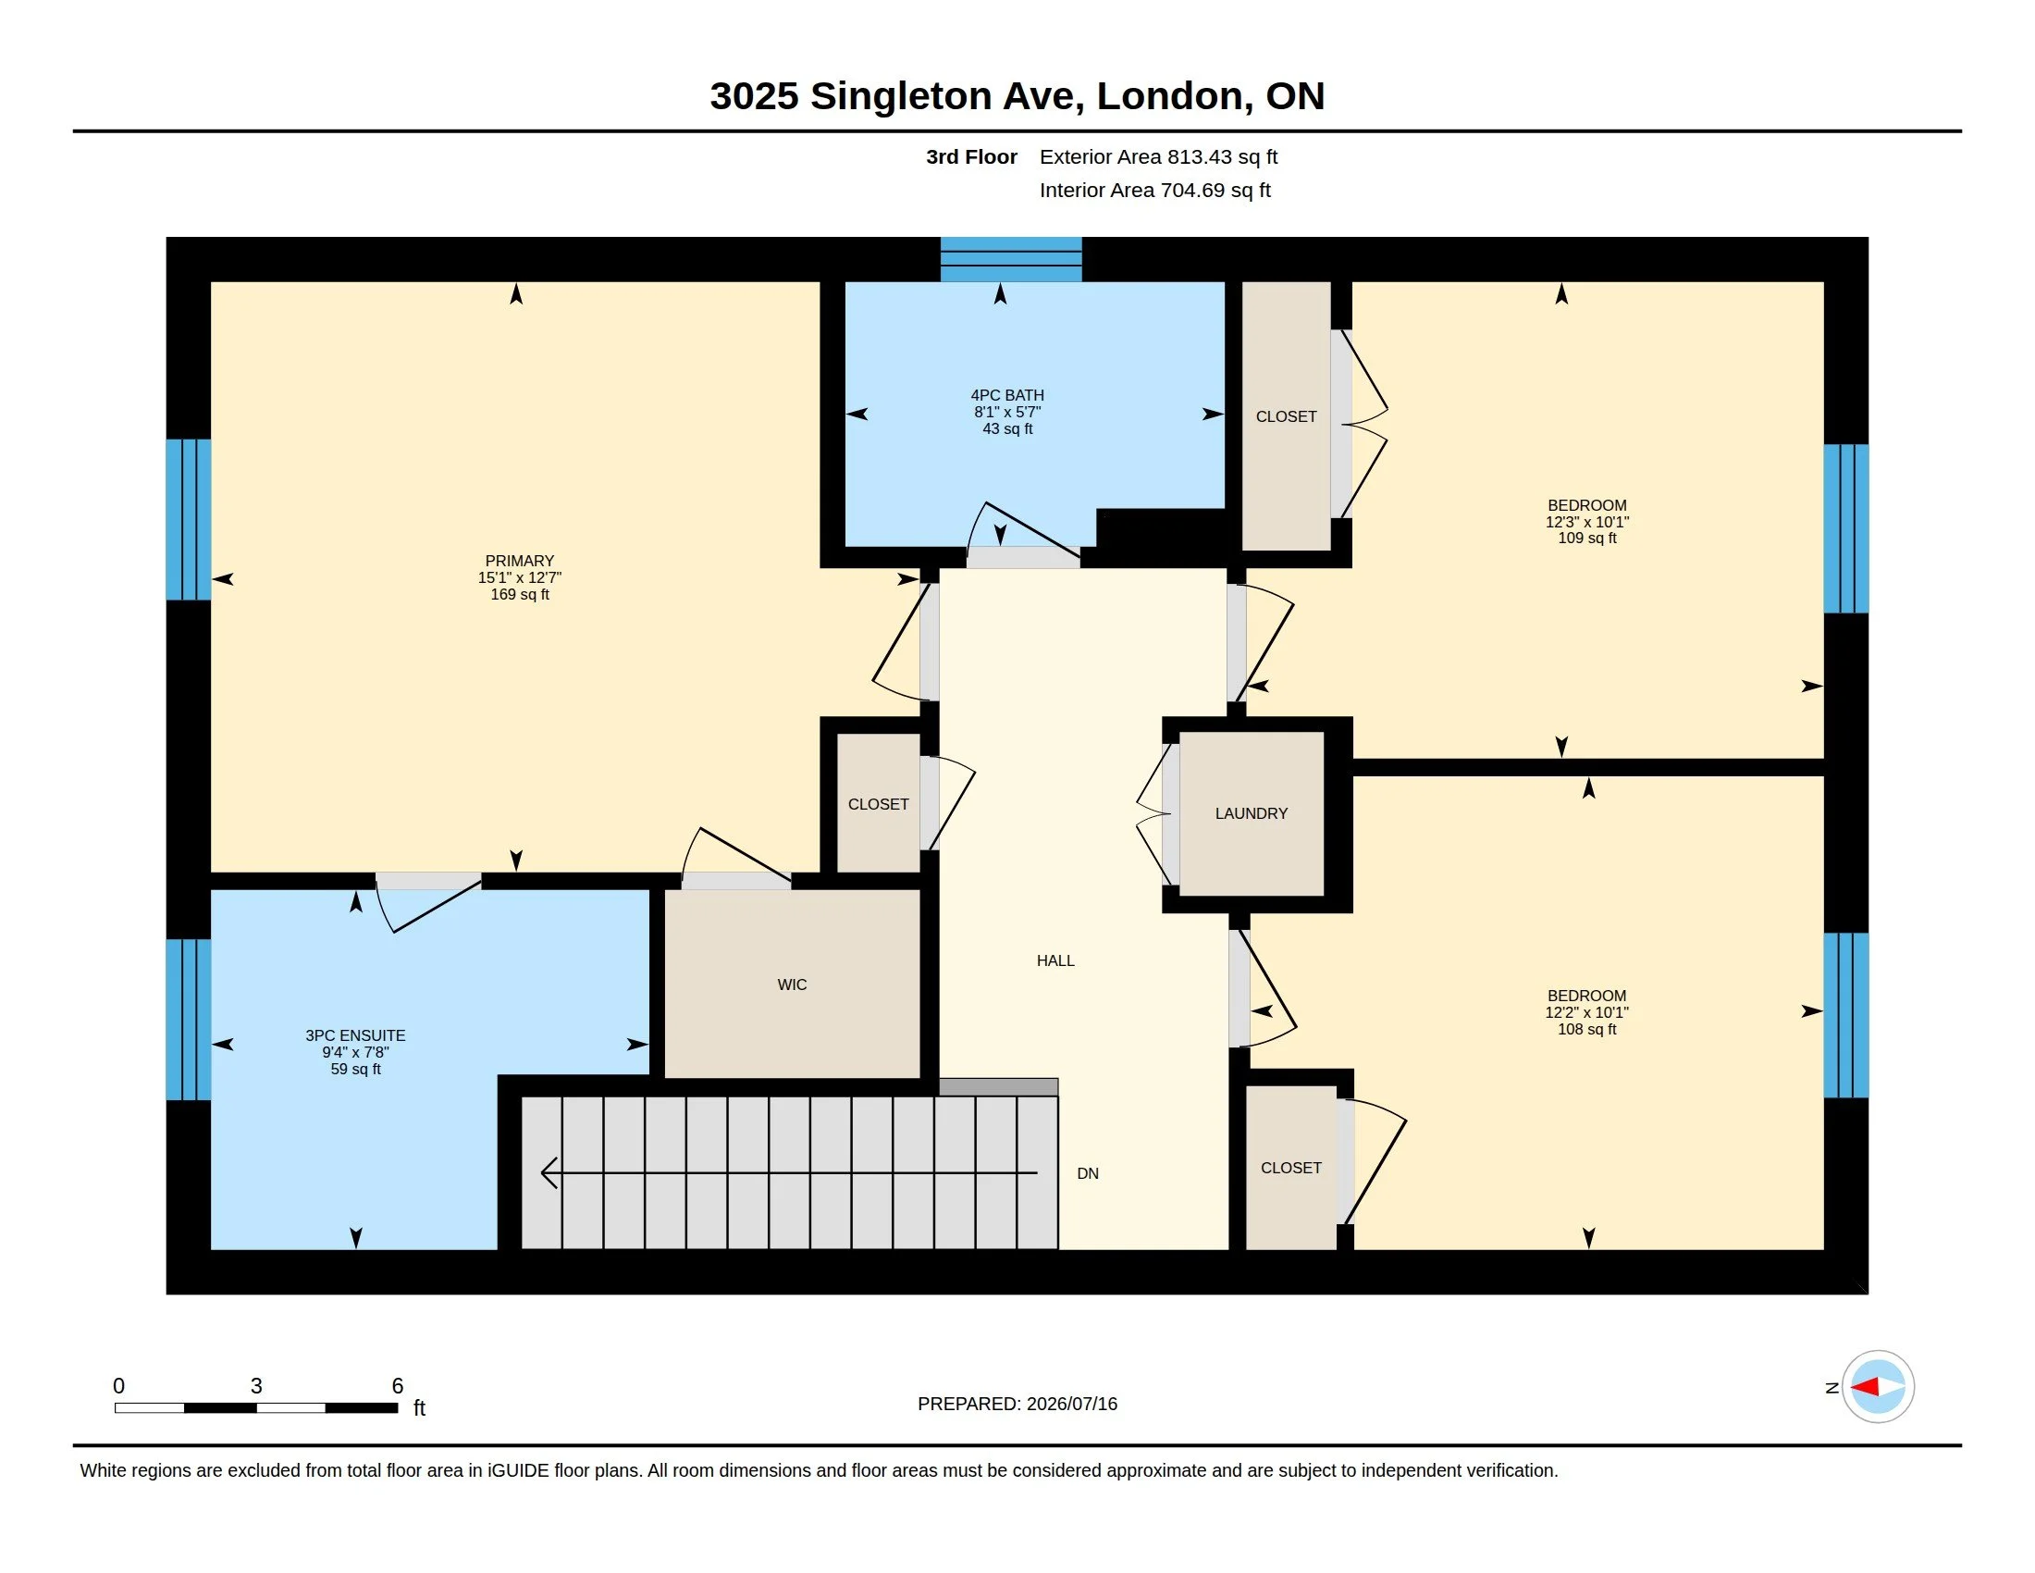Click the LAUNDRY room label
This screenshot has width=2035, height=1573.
click(x=1251, y=813)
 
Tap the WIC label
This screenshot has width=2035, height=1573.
click(x=792, y=985)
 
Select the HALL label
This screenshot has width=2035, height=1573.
click(x=1055, y=960)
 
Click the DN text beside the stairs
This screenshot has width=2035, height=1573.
click(x=1088, y=1173)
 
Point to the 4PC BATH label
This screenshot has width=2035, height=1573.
click(x=1007, y=395)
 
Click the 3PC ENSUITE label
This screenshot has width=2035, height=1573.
click(x=355, y=1035)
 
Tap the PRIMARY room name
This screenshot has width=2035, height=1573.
click(x=520, y=561)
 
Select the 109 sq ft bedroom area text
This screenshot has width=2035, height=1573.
click(x=1586, y=538)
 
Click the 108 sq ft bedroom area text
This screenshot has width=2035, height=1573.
click(x=1586, y=1029)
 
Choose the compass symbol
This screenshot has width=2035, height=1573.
click(x=1878, y=1387)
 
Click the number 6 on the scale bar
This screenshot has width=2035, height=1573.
click(x=398, y=1386)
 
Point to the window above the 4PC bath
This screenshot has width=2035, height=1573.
click(x=1011, y=259)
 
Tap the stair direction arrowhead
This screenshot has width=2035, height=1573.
click(x=549, y=1172)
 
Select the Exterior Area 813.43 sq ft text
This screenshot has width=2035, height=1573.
click(x=1158, y=157)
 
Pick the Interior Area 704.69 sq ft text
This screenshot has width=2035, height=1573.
click(x=1154, y=190)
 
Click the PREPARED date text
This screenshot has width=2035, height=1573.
click(x=1017, y=1404)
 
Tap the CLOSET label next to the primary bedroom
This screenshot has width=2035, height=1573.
click(x=878, y=804)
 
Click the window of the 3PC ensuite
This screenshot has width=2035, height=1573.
click(x=188, y=1020)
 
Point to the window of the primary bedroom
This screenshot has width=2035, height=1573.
click(x=188, y=519)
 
